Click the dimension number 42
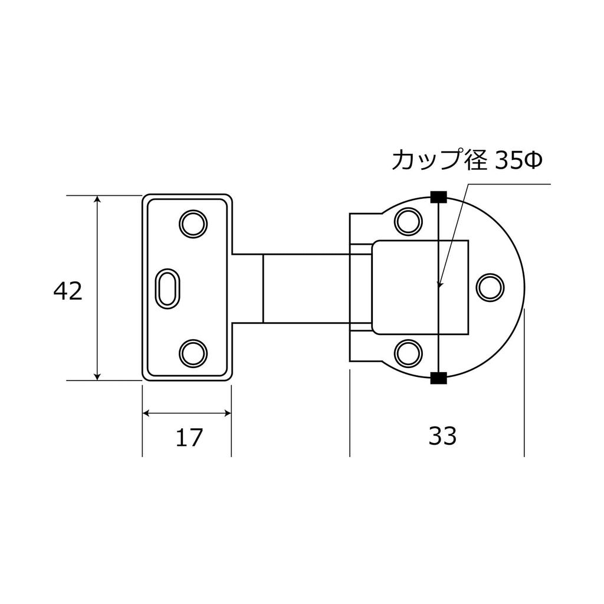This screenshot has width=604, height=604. point(67,291)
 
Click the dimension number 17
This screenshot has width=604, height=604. point(189,438)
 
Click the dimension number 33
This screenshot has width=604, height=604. point(442,437)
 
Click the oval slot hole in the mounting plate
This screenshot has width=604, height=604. point(168,288)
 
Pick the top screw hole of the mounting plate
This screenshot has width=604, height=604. point(192,224)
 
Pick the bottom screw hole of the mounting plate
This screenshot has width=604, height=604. point(192,353)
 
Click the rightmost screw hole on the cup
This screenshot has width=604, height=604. point(490,287)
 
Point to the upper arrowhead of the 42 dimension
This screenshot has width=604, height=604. point(98,199)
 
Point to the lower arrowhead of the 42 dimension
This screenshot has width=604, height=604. point(98,376)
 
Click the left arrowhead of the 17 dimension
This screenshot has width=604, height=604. point(147,413)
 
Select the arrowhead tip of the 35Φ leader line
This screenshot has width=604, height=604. point(439,287)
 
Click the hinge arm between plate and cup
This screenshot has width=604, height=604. point(304,288)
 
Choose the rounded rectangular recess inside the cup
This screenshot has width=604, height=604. point(420,287)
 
